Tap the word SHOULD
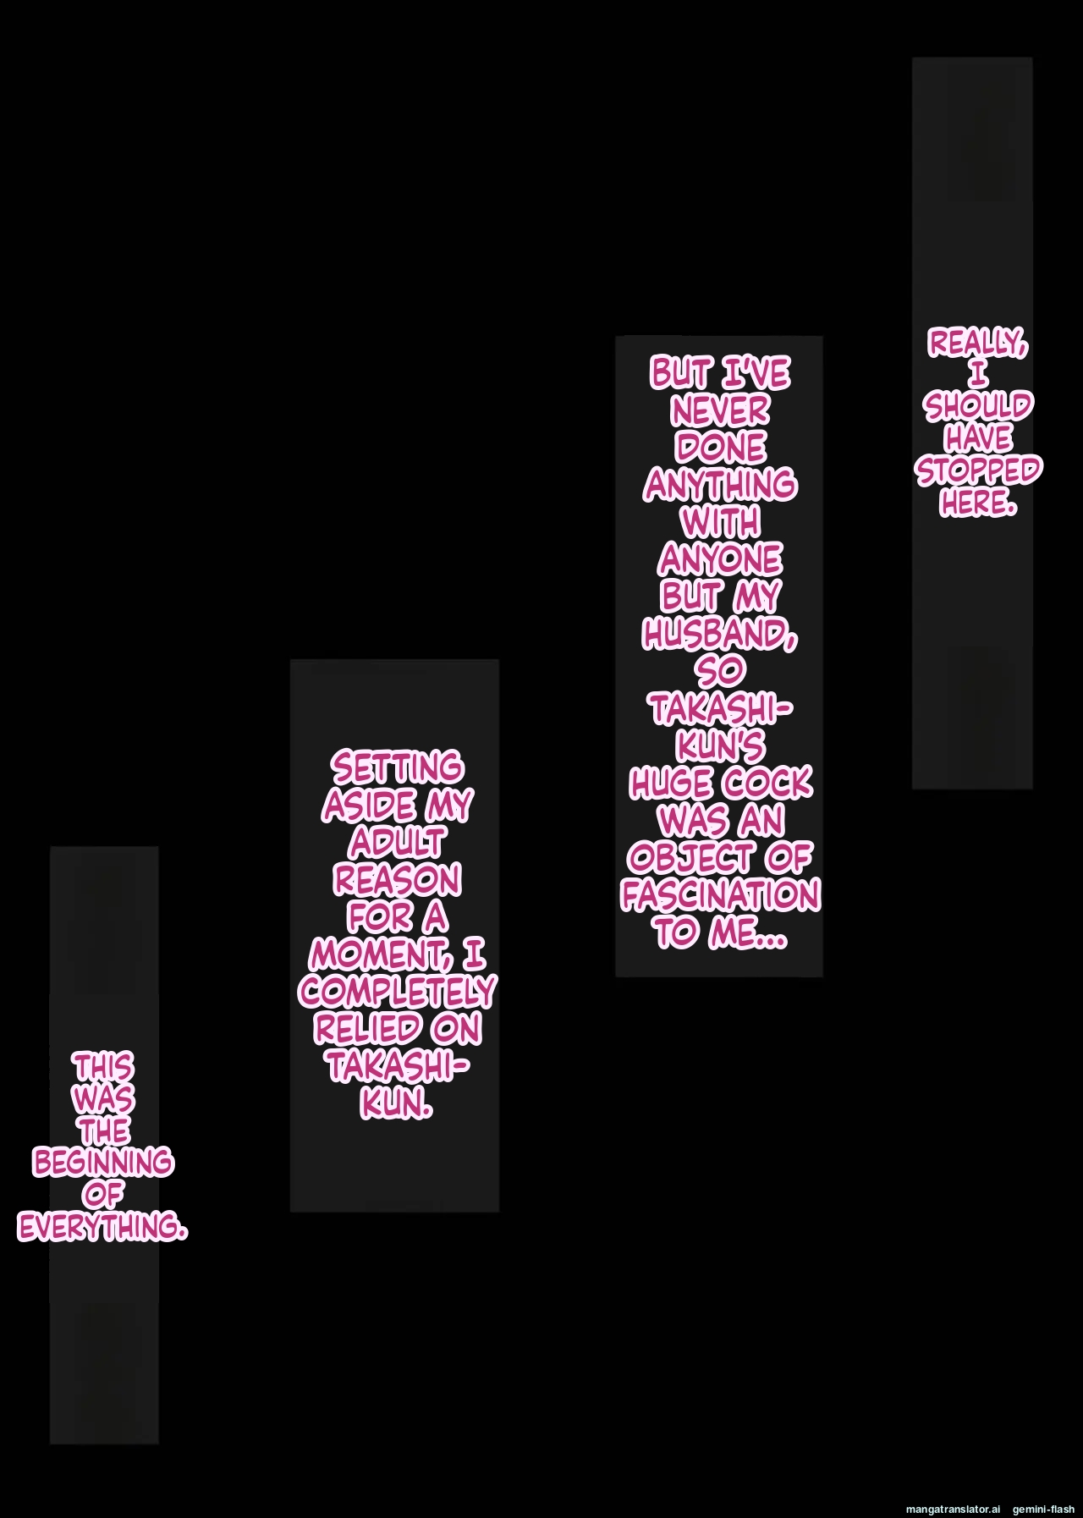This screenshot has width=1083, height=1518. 977,406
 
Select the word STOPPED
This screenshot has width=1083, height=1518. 978,470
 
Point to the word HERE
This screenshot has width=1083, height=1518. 977,503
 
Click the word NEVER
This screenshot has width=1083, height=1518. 720,411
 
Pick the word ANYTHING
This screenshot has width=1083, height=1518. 720,486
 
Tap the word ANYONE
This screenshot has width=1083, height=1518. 720,559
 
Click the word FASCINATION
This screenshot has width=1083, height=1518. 720,895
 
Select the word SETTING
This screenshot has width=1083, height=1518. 397,768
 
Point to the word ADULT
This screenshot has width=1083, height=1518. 396,843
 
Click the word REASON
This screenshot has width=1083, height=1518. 397,880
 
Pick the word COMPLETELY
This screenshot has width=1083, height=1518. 397,992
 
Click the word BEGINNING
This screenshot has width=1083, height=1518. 103,1163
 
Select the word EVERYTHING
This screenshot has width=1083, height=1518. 102,1227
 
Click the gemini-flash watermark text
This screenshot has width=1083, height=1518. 1043,1508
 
